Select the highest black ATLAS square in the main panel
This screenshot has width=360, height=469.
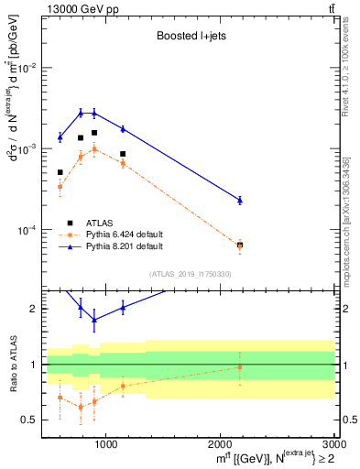coord(94,133)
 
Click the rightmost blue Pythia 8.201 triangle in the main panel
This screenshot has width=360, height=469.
coord(240,200)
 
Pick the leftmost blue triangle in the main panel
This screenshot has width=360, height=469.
coord(60,137)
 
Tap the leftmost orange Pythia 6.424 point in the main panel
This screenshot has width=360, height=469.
coord(60,187)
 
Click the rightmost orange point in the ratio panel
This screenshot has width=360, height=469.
coord(240,367)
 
